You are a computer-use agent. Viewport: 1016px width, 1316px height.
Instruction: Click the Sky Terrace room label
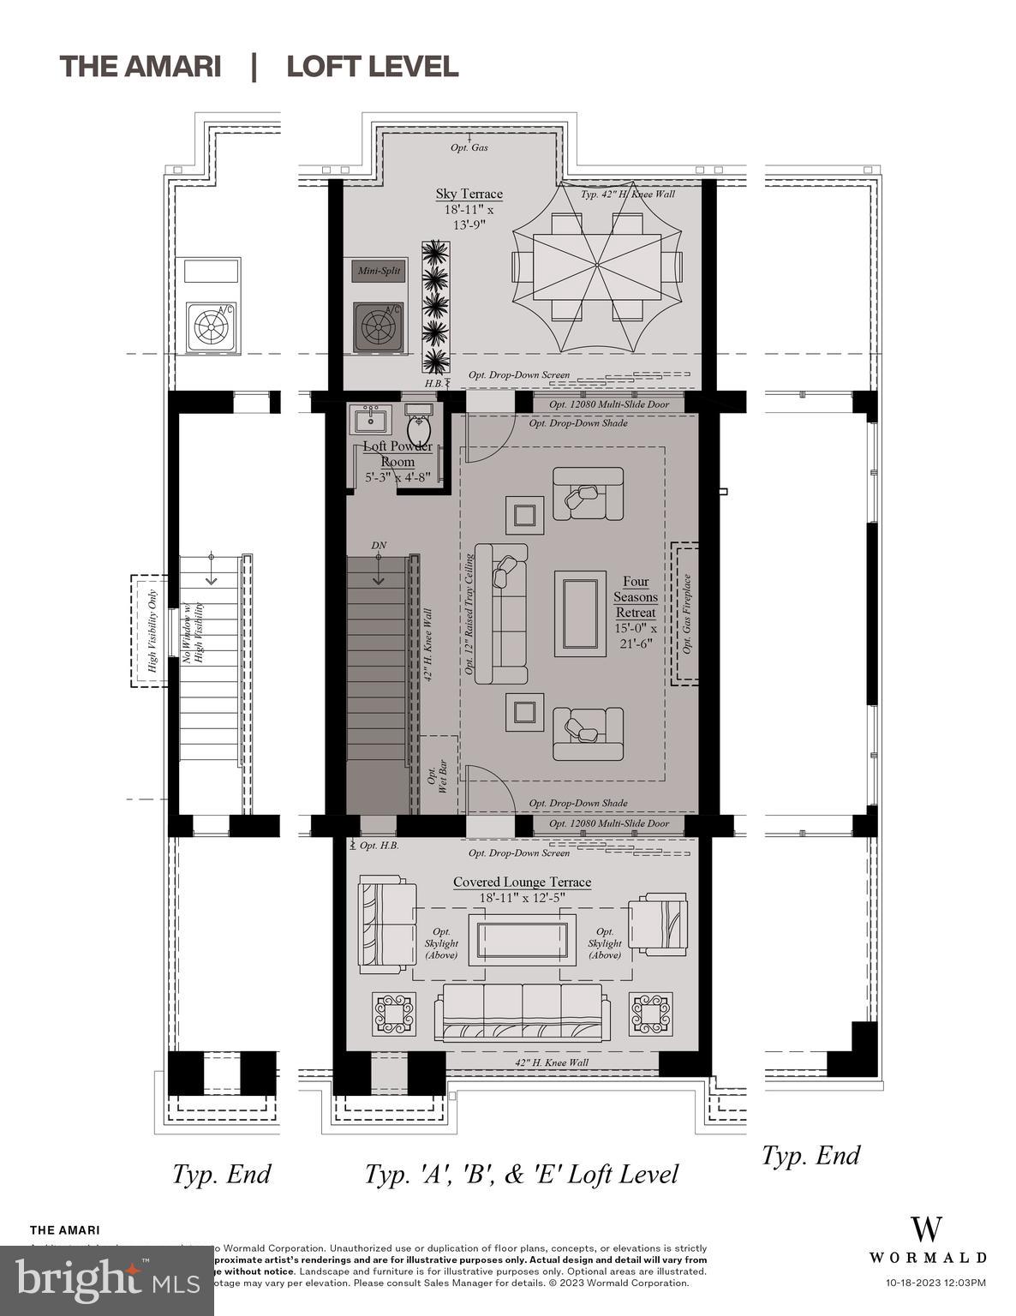(x=469, y=194)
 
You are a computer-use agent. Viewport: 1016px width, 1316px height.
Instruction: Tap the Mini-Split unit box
(x=379, y=271)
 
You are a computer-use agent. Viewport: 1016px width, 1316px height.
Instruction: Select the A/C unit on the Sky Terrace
(x=379, y=326)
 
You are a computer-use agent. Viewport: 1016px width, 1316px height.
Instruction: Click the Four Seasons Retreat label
(x=635, y=597)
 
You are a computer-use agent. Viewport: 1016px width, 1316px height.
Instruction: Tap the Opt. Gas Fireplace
(x=685, y=613)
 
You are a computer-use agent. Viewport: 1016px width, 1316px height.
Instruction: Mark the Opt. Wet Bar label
(x=437, y=775)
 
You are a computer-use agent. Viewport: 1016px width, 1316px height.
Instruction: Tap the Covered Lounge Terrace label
(x=522, y=882)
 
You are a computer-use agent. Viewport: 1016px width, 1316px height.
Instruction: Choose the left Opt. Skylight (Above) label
(x=441, y=942)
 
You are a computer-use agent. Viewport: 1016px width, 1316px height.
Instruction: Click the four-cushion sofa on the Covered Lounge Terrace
(x=522, y=1012)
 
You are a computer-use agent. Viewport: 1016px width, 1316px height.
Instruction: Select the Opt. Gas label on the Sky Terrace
(x=469, y=147)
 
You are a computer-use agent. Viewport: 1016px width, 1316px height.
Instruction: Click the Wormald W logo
(x=927, y=1229)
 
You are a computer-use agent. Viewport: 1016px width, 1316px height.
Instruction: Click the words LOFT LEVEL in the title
(x=373, y=67)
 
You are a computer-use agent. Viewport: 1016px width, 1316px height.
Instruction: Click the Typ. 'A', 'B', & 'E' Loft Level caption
(x=521, y=1174)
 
